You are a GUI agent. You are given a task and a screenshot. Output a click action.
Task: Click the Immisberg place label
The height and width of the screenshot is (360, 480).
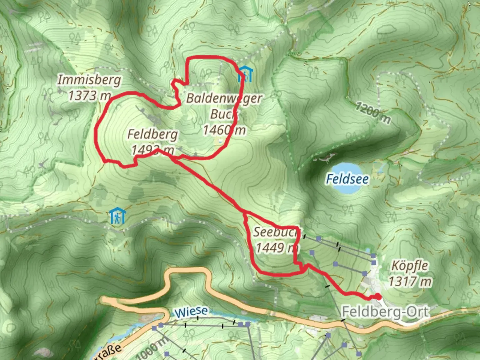pos(89,80)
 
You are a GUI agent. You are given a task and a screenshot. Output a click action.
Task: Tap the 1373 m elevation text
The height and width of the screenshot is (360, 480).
pos(89,96)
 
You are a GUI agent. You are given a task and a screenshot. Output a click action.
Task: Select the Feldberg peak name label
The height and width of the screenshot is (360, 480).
pos(153,134)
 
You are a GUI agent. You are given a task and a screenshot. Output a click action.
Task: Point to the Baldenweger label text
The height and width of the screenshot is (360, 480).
pos(224,98)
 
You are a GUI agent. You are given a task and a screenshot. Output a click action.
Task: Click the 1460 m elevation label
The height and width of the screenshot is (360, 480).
pos(224,130)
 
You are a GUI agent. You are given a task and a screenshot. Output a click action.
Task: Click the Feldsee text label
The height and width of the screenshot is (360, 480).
pos(347,179)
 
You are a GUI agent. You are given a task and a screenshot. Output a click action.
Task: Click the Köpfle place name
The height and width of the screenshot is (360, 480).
pos(409,266)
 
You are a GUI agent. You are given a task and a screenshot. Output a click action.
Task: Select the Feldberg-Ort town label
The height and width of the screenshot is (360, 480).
pos(385,312)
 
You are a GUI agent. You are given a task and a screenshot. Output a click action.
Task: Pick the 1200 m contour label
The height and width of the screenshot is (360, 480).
pos(372,113)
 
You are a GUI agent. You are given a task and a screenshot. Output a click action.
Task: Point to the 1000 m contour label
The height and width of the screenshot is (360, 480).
pos(152,348)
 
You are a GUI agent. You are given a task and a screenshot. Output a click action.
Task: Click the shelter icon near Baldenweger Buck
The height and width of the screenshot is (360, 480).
pos(245,75)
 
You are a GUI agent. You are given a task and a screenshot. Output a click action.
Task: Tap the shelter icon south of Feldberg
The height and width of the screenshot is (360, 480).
pos(117,216)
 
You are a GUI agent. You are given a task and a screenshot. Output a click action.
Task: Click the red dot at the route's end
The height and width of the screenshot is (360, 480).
pos(378,296)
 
